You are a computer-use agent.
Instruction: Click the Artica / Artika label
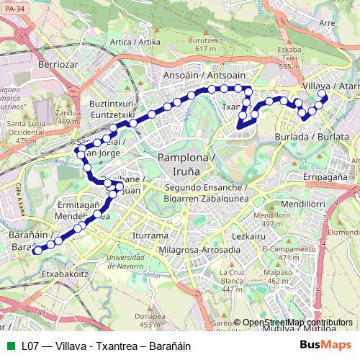tap(135, 42)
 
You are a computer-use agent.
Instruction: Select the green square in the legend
tap(9, 346)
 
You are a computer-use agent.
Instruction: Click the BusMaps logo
tap(325, 346)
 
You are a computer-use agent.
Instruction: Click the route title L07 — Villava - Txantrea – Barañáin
tap(106, 346)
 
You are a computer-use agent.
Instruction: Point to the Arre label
tap(327, 23)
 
